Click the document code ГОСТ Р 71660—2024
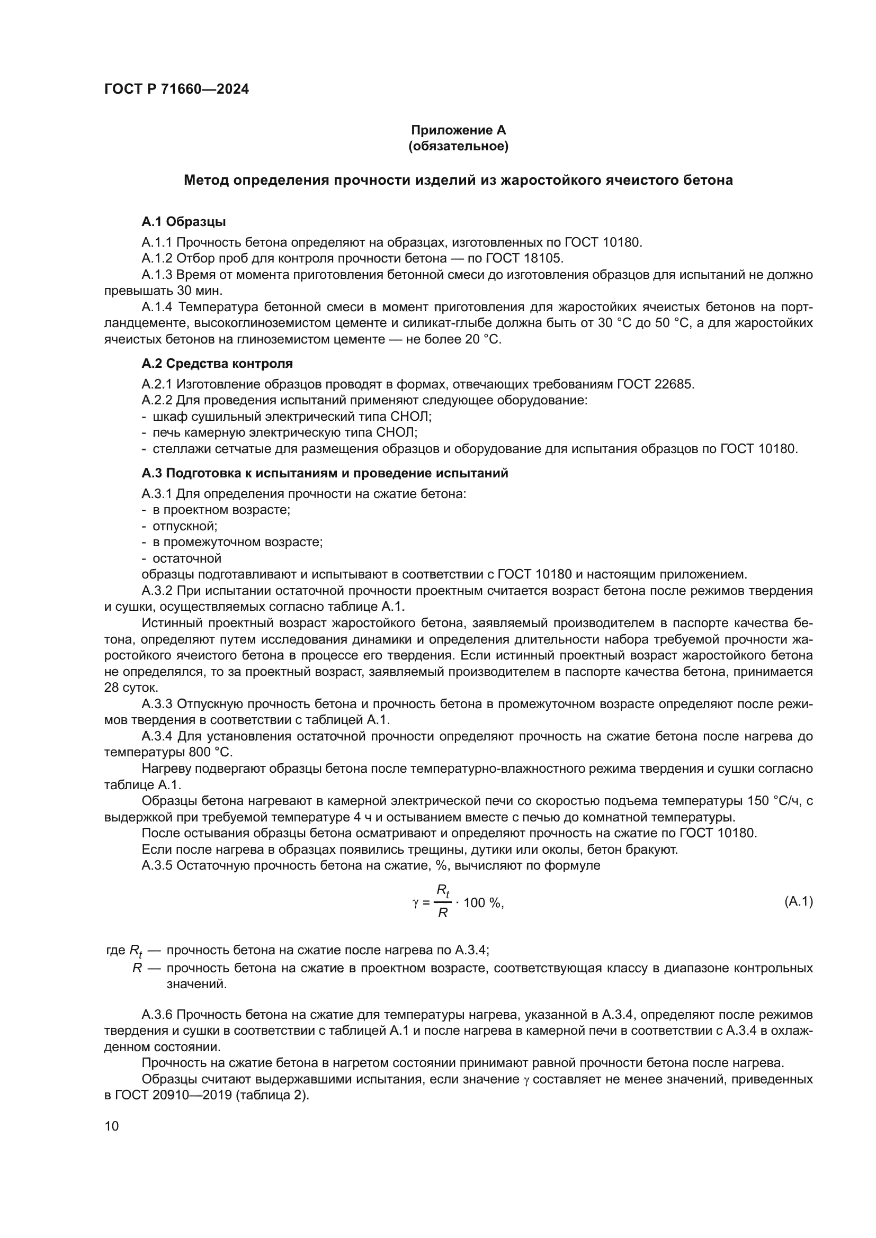coord(176,89)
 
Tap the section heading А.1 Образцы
coord(183,222)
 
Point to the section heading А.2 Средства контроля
coord(217,364)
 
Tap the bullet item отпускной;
coord(185,526)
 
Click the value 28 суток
coord(131,688)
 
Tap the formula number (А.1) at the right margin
coord(798,901)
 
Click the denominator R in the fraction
coord(442,914)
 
